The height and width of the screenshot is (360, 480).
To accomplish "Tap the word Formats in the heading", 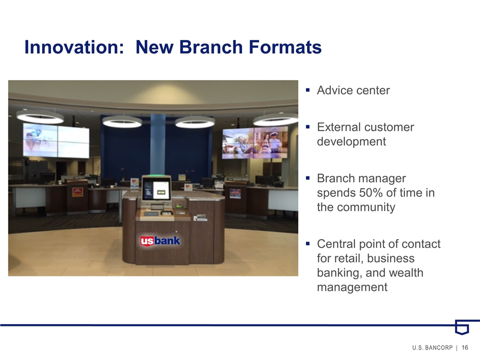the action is [285, 47].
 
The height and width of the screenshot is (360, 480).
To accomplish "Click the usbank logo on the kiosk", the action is [160, 241].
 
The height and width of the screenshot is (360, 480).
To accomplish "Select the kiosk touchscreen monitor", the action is [156, 188].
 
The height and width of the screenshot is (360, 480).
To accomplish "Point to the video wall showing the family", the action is [255, 142].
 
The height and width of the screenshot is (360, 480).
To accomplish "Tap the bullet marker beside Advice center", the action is [307, 90].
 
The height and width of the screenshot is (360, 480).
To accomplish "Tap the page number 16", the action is [464, 347].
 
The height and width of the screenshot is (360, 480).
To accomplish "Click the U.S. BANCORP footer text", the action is [432, 347].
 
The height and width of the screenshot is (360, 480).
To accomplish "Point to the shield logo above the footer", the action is [462, 327].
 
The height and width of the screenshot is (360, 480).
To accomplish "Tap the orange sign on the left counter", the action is [77, 192].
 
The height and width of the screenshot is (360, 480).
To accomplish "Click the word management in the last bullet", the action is [352, 287].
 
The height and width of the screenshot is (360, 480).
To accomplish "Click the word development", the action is [351, 141].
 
